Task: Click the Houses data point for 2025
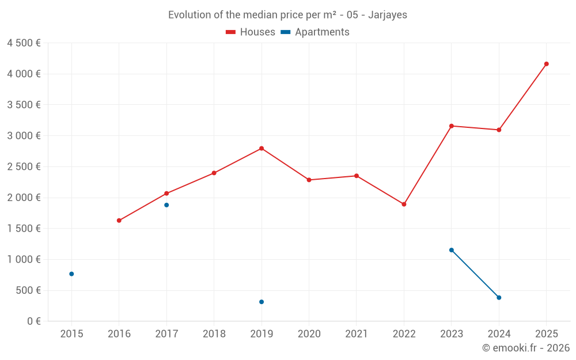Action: (x=546, y=64)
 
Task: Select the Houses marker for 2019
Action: (x=262, y=149)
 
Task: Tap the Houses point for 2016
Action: (x=119, y=221)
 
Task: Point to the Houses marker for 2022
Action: (x=404, y=204)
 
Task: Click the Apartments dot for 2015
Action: (x=71, y=274)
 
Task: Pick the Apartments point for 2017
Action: (x=166, y=205)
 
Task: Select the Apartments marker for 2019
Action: (x=262, y=302)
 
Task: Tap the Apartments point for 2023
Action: (x=452, y=250)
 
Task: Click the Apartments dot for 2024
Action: (x=499, y=298)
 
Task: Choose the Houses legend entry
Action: (x=251, y=32)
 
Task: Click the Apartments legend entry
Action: (x=315, y=32)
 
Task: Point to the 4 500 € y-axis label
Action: (x=24, y=43)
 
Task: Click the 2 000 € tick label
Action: (x=24, y=198)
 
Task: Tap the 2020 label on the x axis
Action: (x=309, y=334)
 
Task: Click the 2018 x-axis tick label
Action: (x=214, y=334)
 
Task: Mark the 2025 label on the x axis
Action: (x=546, y=334)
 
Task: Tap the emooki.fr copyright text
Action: (x=526, y=348)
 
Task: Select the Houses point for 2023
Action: (x=452, y=126)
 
